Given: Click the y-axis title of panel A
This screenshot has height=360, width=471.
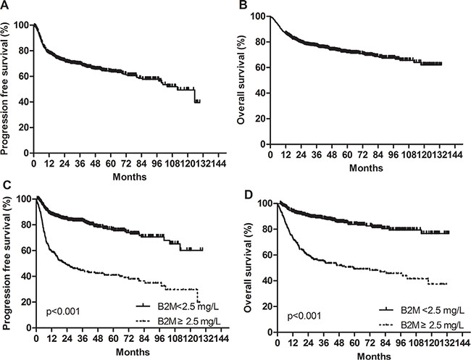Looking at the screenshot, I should click(7, 87).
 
